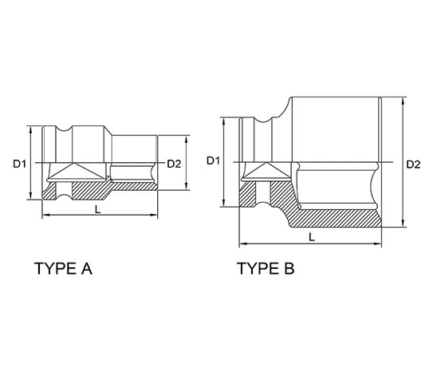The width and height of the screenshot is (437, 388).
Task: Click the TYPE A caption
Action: [x=63, y=268]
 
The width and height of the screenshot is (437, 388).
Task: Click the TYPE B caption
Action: [x=266, y=268]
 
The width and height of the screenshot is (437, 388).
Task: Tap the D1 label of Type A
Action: [x=19, y=164]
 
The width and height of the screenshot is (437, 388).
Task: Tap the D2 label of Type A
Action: [x=174, y=164]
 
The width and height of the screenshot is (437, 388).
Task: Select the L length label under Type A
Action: [x=97, y=209]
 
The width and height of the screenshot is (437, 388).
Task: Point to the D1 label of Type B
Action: [x=213, y=160]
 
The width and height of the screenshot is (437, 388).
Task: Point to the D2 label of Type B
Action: [x=413, y=164]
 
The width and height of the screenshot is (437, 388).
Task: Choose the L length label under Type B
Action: [x=312, y=237]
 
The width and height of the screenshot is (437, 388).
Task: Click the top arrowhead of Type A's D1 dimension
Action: [x=30, y=129]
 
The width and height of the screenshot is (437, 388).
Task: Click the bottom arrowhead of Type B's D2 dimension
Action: [x=403, y=224]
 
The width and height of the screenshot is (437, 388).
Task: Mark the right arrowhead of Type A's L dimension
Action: [x=154, y=215]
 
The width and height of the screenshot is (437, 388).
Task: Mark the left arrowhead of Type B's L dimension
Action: [x=243, y=244]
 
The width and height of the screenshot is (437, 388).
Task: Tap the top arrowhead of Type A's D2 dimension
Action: [x=186, y=139]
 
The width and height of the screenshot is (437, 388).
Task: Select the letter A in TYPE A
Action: [x=87, y=268]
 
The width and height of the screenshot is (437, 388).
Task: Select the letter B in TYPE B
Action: [x=289, y=268]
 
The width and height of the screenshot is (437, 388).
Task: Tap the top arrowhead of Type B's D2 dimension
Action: [x=403, y=101]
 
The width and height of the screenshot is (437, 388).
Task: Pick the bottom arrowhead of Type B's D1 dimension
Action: [x=223, y=204]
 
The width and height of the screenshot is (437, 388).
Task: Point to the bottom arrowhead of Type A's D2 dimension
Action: [x=186, y=187]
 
